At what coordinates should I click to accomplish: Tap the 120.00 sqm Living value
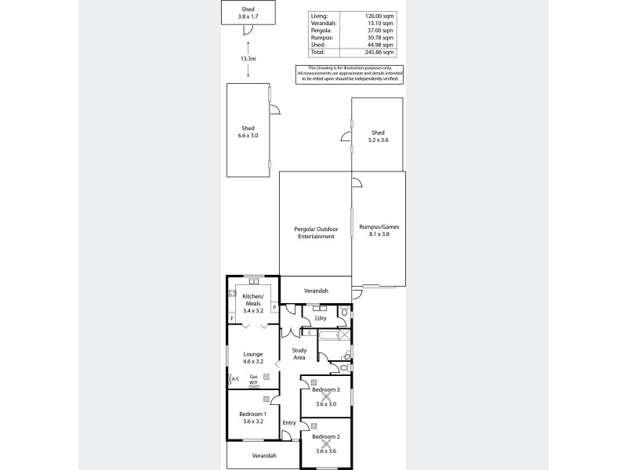384,15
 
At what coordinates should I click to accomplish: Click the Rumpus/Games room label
379,230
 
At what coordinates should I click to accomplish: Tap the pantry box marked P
274,308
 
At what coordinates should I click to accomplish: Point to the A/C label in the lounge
235,378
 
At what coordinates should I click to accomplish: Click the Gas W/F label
254,380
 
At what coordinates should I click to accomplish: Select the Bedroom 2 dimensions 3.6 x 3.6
326,450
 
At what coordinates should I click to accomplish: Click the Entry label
289,423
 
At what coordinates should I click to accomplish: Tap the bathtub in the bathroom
328,334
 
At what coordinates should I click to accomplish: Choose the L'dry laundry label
320,318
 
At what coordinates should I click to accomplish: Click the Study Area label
299,354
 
